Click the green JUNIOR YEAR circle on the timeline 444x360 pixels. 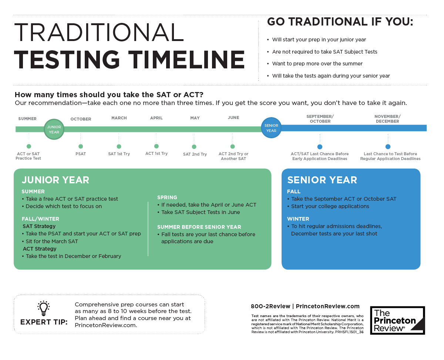pyautogui.click(x=54, y=129)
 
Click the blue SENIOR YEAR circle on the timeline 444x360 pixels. pyautogui.click(x=271, y=128)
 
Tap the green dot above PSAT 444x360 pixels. pyautogui.click(x=81, y=146)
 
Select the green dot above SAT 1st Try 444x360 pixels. pyautogui.click(x=119, y=146)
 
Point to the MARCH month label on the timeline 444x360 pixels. pyautogui.click(x=119, y=118)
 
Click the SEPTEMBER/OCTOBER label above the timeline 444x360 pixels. pyautogui.click(x=320, y=119)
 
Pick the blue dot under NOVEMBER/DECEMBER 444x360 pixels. pyautogui.click(x=388, y=147)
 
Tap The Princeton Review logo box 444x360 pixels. pyautogui.click(x=397, y=320)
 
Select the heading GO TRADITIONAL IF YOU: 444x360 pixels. pyautogui.click(x=340, y=22)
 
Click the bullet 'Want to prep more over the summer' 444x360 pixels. pyautogui.click(x=317, y=64)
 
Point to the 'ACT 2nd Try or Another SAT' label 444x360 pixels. pyautogui.click(x=233, y=156)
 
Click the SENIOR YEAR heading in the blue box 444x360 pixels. pyautogui.click(x=322, y=180)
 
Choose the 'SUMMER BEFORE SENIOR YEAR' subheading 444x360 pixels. pyautogui.click(x=199, y=227)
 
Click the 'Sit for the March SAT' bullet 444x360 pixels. pyautogui.click(x=52, y=241)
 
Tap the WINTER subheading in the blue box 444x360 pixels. pyautogui.click(x=298, y=219)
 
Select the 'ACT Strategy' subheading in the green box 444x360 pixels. pyautogui.click(x=40, y=249)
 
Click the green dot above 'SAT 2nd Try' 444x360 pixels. pyautogui.click(x=194, y=147)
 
